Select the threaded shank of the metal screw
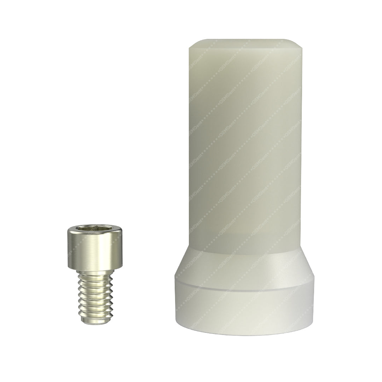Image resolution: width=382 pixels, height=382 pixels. tap(94, 294)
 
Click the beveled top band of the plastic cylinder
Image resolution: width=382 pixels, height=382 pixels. tap(246, 44)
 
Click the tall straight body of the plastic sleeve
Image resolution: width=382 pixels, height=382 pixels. tap(246, 141)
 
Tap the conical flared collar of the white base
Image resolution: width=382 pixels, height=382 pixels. tap(246, 269)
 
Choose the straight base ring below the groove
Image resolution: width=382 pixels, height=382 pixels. tap(246, 308)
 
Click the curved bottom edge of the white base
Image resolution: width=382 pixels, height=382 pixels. tap(246, 334)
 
